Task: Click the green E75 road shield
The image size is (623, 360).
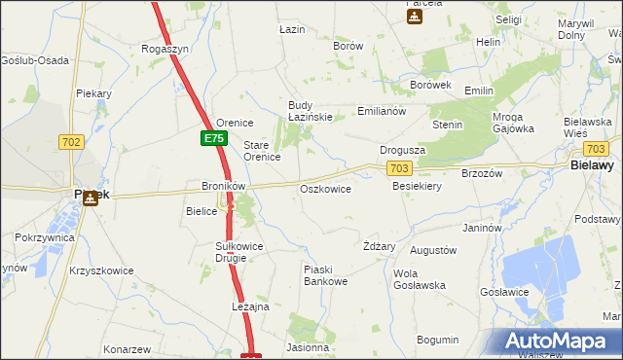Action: click(x=214, y=139)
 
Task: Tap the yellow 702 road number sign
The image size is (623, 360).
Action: click(x=71, y=141)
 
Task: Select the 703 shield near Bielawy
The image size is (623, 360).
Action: click(x=597, y=149)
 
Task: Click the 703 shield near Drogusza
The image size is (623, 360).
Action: click(x=397, y=168)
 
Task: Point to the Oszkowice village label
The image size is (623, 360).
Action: click(x=325, y=189)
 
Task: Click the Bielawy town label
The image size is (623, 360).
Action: click(x=590, y=166)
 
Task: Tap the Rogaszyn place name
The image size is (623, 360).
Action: click(x=165, y=48)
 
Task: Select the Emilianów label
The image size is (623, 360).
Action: click(x=381, y=111)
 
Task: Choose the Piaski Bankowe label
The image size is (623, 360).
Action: click(x=325, y=275)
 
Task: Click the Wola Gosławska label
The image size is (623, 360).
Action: click(x=420, y=279)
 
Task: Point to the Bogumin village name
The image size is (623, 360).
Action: click(x=437, y=340)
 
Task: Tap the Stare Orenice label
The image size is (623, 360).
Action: click(x=262, y=150)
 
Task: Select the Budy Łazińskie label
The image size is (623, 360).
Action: click(x=311, y=111)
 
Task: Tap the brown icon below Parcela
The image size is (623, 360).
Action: click(x=414, y=17)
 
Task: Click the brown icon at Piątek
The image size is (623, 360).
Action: click(x=91, y=198)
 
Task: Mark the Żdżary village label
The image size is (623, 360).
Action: click(x=379, y=246)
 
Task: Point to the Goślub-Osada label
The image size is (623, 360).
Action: click(x=35, y=60)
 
